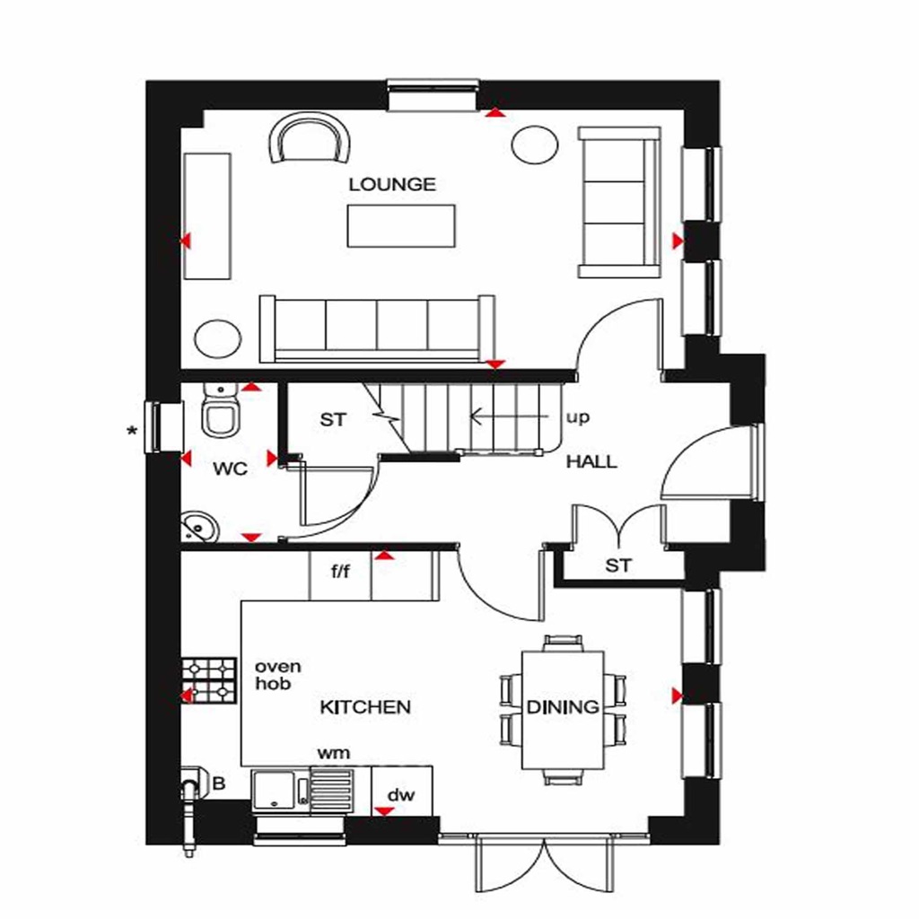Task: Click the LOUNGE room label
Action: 392,185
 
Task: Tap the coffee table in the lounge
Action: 401,225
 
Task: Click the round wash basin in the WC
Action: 199,527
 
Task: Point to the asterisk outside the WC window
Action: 133,432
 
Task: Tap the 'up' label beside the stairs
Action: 577,418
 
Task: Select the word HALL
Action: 591,462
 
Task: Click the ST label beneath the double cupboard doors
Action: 618,565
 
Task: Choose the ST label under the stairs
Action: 333,419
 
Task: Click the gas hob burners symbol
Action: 209,680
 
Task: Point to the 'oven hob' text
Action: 278,675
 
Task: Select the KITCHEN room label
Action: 365,707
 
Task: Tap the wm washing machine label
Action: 333,752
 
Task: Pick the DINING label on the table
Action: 563,707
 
